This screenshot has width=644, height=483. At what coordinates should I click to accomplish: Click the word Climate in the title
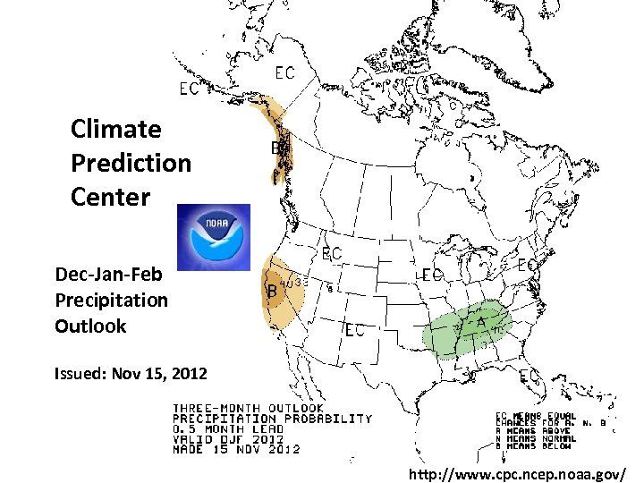116,130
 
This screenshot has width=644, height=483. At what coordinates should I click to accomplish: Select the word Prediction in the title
131,163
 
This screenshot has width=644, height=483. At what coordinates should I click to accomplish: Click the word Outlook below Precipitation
90,326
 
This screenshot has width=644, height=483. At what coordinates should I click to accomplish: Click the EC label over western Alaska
190,89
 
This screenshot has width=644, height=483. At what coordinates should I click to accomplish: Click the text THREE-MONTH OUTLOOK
248,409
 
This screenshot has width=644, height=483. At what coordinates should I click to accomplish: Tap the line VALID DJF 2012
228,438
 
